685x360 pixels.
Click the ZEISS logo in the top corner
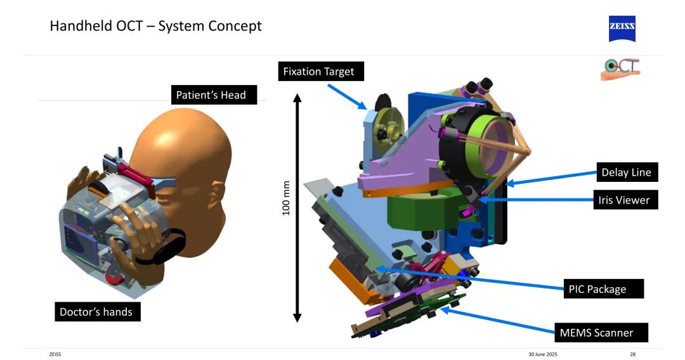pos(622,29)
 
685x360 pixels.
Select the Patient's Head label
pos(211,95)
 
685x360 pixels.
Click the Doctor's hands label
pos(97,312)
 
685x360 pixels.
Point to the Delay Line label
pos(626,172)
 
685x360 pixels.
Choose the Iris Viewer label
pos(624,200)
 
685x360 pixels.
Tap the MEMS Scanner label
pos(596,332)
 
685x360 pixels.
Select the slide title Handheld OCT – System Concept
pos(155,27)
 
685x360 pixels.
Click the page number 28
pos(632,354)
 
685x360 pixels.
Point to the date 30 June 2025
pos(543,354)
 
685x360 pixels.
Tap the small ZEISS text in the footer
pos(55,354)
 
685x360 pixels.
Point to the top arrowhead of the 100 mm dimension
pos(297,98)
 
